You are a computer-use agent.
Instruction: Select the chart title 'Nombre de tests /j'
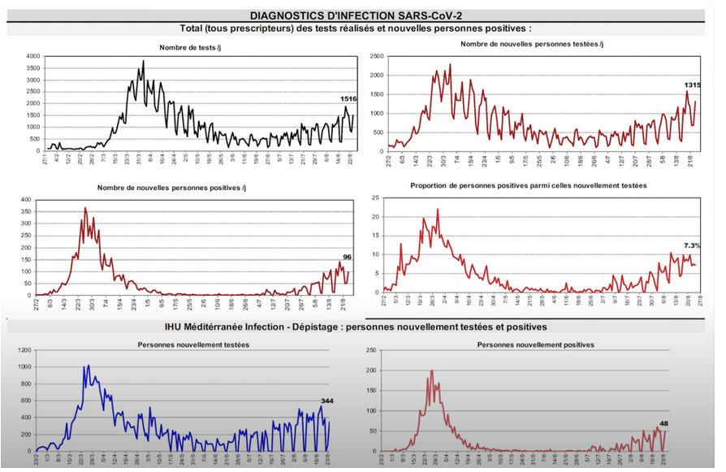point(189,47)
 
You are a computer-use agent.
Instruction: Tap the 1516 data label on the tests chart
point(348,98)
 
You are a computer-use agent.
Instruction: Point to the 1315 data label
point(693,84)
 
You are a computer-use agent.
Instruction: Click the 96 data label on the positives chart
point(346,258)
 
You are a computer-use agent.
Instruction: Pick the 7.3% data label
point(693,245)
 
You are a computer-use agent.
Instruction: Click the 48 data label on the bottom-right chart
point(664,423)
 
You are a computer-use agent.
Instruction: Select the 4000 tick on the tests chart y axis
point(32,56)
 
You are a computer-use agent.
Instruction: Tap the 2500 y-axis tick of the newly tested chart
point(375,56)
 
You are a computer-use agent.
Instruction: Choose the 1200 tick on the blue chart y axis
point(24,350)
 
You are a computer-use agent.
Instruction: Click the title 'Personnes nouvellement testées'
point(192,344)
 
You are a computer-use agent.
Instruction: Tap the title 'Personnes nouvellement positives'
point(535,344)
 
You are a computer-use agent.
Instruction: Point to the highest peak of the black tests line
point(144,61)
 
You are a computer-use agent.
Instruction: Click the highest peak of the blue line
point(88,366)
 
